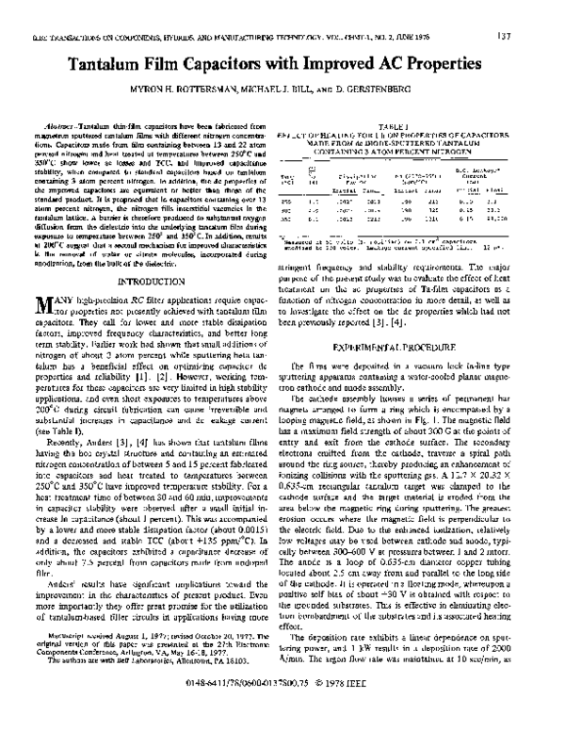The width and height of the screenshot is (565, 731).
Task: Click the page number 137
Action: click(532, 10)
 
